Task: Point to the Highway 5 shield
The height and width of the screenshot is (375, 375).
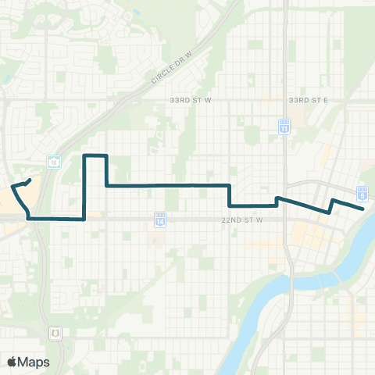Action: pyautogui.click(x=362, y=192)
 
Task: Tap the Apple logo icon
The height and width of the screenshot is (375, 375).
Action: pyautogui.click(x=12, y=362)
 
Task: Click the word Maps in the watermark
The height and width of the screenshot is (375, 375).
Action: pyautogui.click(x=34, y=362)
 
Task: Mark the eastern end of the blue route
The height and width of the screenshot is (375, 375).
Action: pyautogui.click(x=363, y=209)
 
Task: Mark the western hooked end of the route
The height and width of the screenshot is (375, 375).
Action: pyautogui.click(x=30, y=180)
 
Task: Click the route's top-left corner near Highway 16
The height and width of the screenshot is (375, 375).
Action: pyautogui.click(x=84, y=156)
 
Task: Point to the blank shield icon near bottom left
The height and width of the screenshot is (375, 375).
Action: pyautogui.click(x=55, y=333)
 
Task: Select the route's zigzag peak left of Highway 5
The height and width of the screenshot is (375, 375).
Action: pyautogui.click(x=334, y=200)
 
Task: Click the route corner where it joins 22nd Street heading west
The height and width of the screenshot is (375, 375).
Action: pyautogui.click(x=84, y=220)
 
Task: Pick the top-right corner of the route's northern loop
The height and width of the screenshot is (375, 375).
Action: pyautogui.click(x=105, y=156)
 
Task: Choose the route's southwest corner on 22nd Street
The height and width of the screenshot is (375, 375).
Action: pyautogui.click(x=30, y=219)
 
